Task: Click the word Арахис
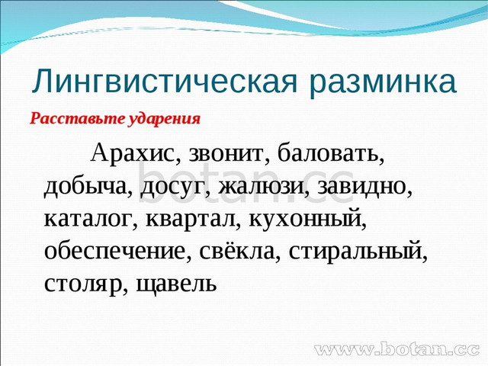pos(133,154)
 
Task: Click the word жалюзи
pos(263,187)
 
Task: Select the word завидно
pos(364,187)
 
